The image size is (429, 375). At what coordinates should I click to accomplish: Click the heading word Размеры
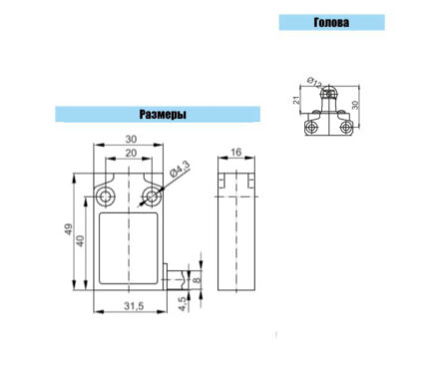coord(163,115)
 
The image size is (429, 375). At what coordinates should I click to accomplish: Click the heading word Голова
coord(331,23)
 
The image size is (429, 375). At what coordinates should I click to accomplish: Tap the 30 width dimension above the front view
coord(131,139)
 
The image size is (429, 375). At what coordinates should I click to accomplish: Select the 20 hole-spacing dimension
coord(131,153)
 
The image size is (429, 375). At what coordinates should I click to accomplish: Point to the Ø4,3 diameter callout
coord(180,169)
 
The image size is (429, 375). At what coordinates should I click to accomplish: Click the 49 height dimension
coord(68,229)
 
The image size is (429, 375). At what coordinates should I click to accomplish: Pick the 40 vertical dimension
coord(81,240)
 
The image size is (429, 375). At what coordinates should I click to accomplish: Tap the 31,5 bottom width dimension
coord(134,306)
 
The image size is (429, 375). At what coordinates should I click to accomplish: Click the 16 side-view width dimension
coord(235,153)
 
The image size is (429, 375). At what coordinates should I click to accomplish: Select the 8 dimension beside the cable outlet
coord(198,279)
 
